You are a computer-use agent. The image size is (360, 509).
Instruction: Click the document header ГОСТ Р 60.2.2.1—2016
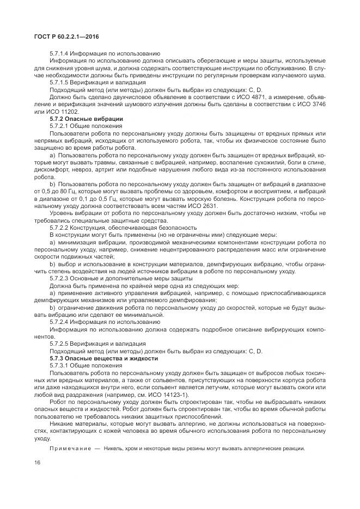click(62, 36)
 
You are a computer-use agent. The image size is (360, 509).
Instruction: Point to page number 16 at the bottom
click(36, 463)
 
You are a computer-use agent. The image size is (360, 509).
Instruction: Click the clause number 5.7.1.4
click(60, 54)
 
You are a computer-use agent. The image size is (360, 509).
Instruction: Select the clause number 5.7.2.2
click(60, 228)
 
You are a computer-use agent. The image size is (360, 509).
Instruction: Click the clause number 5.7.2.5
click(60, 344)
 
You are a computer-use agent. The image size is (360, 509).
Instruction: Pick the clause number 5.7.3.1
click(60, 366)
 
